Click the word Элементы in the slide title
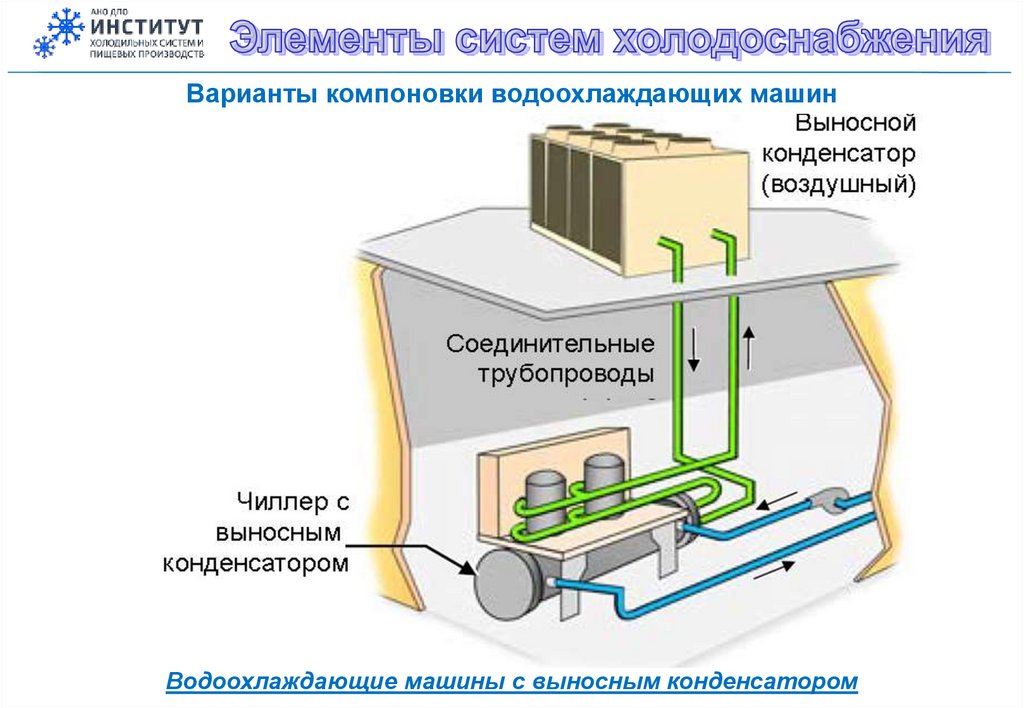pyautogui.click(x=331, y=40)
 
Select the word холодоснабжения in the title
pyautogui.click(x=801, y=40)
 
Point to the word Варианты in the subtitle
pyautogui.click(x=248, y=95)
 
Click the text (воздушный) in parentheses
pyautogui.click(x=838, y=184)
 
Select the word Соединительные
pyautogui.click(x=550, y=345)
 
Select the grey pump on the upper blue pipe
pyautogui.click(x=828, y=499)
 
